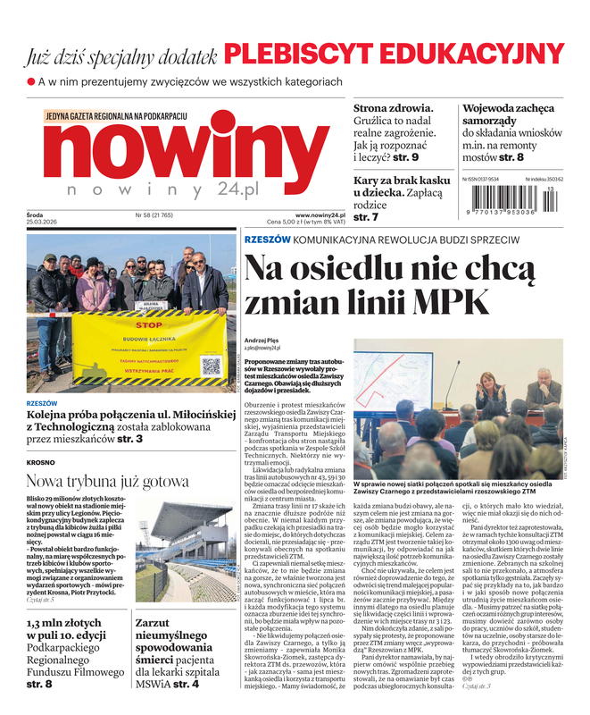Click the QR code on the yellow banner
point(211,366)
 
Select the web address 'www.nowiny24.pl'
point(320,214)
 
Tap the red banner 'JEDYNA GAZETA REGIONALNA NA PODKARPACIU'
point(116,116)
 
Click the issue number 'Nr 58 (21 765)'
point(156,214)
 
